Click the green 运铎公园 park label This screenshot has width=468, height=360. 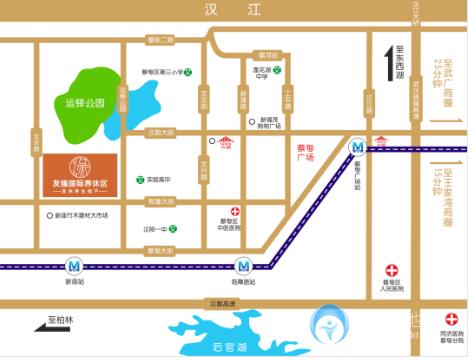[x=85, y=102]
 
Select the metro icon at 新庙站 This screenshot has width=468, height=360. [x=75, y=266]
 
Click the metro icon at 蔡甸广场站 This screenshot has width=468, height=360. [x=356, y=146]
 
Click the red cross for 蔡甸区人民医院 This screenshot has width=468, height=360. [x=392, y=270]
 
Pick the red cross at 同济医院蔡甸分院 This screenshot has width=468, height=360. [x=449, y=320]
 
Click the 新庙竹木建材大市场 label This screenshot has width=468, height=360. [x=82, y=214]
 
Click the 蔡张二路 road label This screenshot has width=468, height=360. [x=160, y=39]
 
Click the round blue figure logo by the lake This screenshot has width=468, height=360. [x=328, y=325]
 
